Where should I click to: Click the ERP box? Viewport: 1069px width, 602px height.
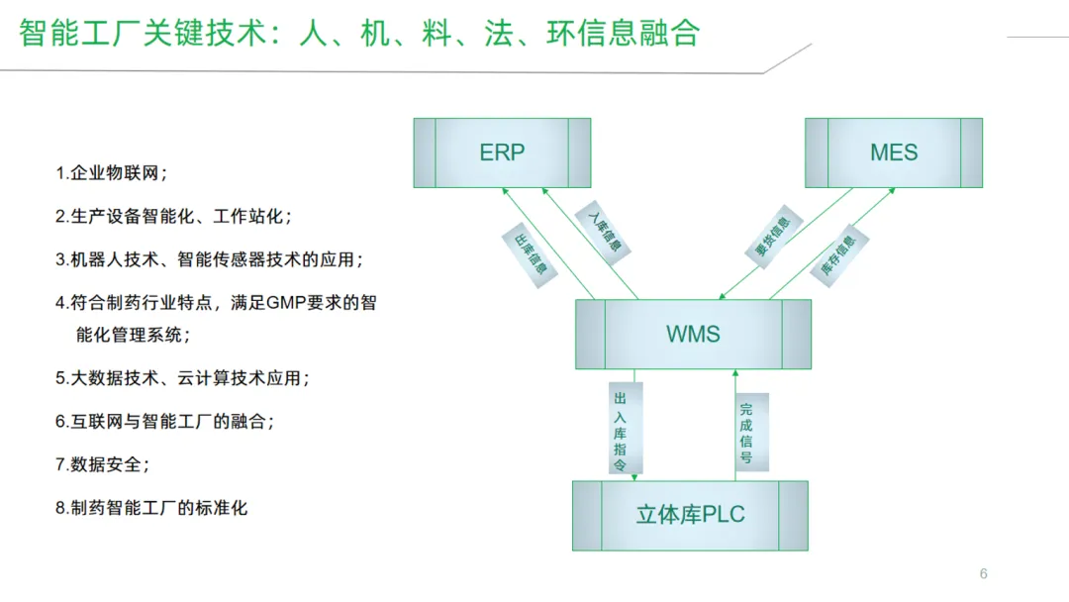(x=502, y=152)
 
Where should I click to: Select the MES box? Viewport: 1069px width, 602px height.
(x=894, y=152)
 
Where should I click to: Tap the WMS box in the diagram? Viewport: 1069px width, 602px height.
(x=693, y=334)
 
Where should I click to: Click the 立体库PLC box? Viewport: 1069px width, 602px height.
(x=690, y=515)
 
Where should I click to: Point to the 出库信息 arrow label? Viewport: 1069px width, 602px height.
(x=526, y=255)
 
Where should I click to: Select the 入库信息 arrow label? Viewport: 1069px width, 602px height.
(x=604, y=230)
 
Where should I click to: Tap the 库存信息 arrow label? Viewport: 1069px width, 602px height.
(x=838, y=254)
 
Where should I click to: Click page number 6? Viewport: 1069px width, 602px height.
(x=983, y=574)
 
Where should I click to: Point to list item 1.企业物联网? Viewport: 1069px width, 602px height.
(x=112, y=173)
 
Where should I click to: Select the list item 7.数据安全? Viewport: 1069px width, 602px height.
(x=103, y=463)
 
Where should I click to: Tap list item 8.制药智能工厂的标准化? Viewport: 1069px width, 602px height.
(x=151, y=508)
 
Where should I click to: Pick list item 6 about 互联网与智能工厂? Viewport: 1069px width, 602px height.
(x=164, y=421)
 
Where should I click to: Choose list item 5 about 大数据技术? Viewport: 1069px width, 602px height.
(x=182, y=378)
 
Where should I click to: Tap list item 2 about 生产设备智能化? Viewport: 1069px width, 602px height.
(x=173, y=216)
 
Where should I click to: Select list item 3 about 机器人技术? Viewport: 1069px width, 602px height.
(x=209, y=259)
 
